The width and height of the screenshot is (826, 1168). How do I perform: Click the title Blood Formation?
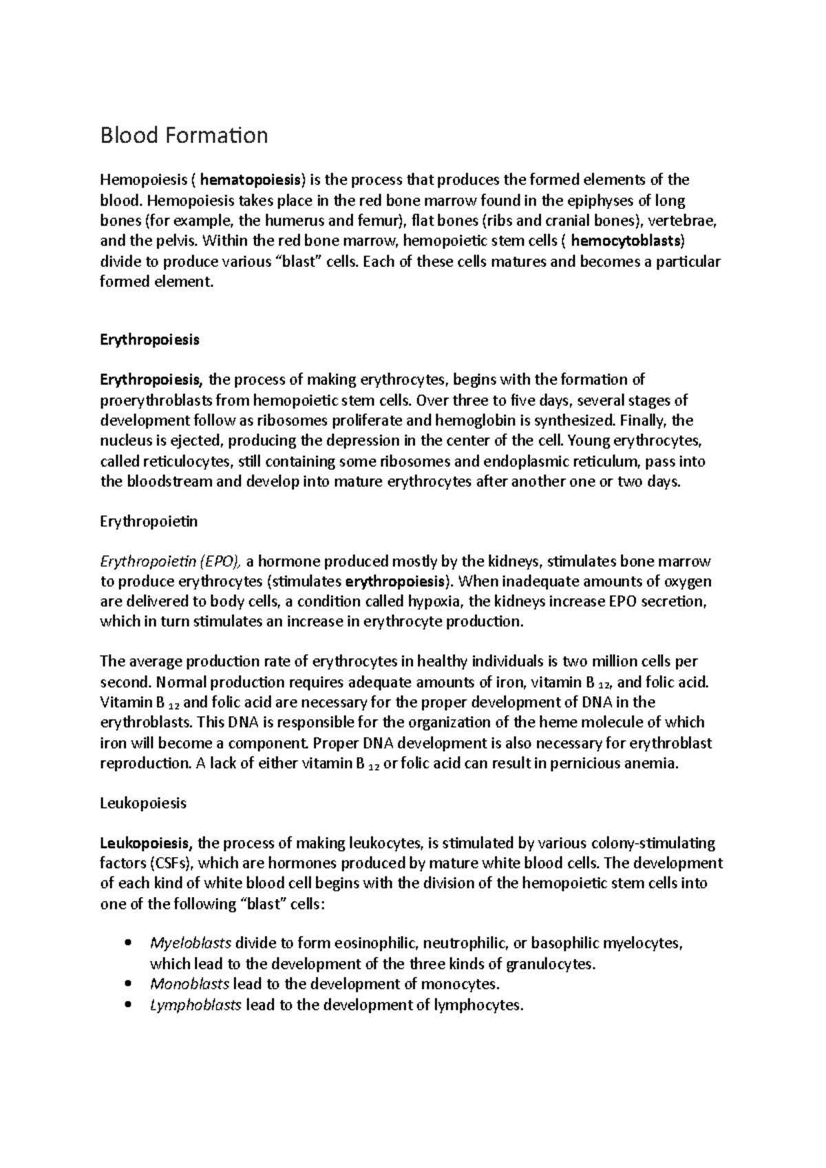[x=184, y=136]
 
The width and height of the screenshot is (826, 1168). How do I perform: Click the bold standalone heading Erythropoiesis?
[x=149, y=340]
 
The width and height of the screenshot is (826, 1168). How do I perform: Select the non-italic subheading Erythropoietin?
[x=149, y=521]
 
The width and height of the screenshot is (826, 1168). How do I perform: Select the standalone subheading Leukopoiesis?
[x=143, y=803]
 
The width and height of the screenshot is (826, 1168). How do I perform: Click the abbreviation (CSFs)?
[x=171, y=864]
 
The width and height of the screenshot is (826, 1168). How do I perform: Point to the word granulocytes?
[x=550, y=964]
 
